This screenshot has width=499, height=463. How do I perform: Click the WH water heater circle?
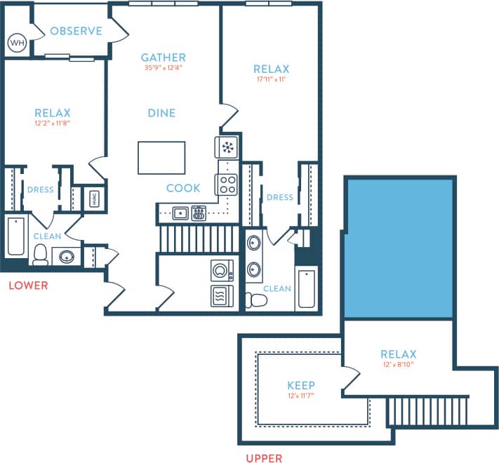point(17,43)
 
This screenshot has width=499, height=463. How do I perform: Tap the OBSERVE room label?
point(76,32)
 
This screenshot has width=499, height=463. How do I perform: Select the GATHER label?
point(163,58)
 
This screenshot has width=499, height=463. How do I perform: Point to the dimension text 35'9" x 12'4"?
point(163,68)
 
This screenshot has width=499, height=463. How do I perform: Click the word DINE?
point(161,113)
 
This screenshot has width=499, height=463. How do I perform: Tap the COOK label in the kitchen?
point(183,188)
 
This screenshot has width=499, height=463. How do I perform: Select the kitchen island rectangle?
point(161,157)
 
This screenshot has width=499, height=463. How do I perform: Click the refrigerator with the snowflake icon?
point(227,147)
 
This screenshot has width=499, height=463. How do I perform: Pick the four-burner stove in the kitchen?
point(227,184)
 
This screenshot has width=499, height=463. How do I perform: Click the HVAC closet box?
point(94,199)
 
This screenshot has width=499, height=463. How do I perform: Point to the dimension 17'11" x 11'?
point(271,79)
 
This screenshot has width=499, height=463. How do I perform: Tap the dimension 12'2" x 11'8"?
point(53,123)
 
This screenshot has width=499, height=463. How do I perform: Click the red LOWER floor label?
point(29,286)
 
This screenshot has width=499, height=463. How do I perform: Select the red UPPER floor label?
point(264,458)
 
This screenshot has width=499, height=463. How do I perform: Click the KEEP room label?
point(301,385)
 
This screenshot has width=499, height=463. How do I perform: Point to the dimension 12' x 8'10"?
point(398,365)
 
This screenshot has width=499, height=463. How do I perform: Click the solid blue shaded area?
point(398,249)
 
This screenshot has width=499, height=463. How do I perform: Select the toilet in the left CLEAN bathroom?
point(40,255)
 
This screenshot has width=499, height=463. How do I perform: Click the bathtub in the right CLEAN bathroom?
point(307,287)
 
